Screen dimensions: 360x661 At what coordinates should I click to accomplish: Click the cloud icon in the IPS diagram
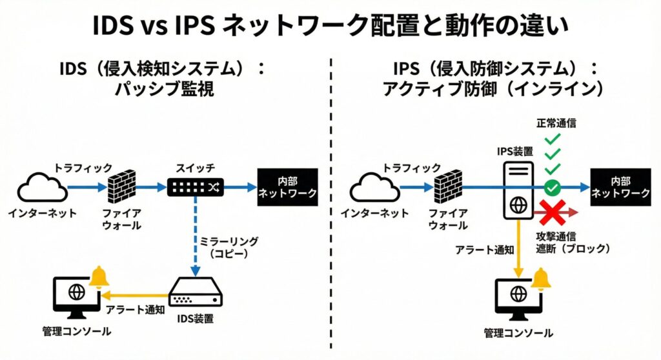tap(375, 189)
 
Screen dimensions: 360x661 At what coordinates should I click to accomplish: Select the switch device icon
tap(195, 187)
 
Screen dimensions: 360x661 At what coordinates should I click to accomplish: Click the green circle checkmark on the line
tap(551, 188)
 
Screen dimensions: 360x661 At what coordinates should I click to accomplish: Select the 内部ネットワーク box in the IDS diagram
tap(287, 187)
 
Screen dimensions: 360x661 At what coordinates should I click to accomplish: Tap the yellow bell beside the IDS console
tap(99, 278)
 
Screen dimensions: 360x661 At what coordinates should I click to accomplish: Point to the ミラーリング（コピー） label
tap(229, 246)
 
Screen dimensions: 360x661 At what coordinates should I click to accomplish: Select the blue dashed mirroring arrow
tap(195, 235)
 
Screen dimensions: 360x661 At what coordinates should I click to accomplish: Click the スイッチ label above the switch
tap(196, 166)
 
